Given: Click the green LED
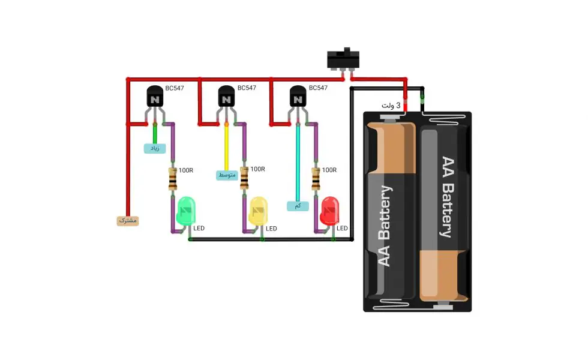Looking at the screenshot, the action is click(185, 211).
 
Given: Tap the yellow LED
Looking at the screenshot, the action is click(258, 211).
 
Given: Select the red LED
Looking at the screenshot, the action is click(329, 211).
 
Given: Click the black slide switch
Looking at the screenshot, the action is click(343, 59).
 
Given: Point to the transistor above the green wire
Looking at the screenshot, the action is click(155, 96).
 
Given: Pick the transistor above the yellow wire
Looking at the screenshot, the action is click(227, 96).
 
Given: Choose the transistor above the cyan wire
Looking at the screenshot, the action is click(298, 96).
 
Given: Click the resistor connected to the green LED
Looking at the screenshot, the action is click(173, 179).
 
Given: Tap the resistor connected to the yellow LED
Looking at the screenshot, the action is click(244, 178).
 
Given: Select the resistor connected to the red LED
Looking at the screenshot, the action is click(316, 179).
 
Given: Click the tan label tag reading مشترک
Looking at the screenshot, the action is click(128, 221).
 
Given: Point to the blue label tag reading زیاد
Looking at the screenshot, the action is click(155, 149).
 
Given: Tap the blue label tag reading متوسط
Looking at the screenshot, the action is click(227, 175).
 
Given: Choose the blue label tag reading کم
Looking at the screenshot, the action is click(298, 206).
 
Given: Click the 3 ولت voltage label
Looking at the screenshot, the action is click(391, 106).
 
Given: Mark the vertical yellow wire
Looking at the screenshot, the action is click(227, 147).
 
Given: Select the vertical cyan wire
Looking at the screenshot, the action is click(298, 163).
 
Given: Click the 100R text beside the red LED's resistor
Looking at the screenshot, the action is click(329, 170).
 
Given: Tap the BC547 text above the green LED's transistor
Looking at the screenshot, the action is click(175, 89).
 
